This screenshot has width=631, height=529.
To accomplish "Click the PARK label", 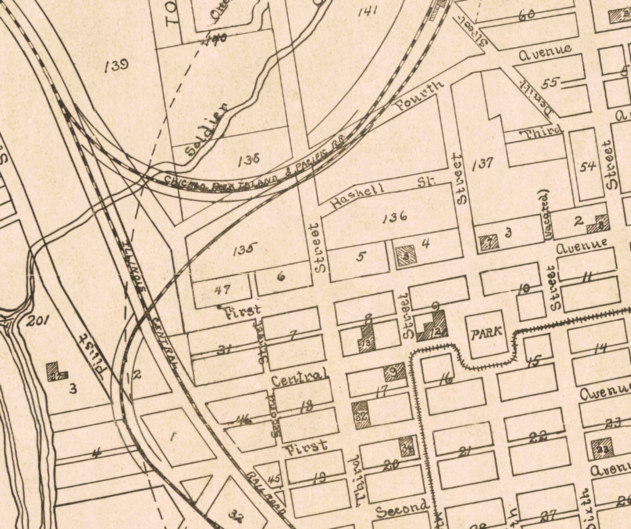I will point(487,333).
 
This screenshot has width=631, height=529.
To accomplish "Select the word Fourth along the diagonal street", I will point(419,96).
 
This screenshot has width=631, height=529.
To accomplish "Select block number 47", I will point(222,290).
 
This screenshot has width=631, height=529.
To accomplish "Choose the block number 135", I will point(245,250).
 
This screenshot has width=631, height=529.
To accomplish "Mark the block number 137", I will point(483,163).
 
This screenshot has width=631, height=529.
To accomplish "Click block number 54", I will point(588,167).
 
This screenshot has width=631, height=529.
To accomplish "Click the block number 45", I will point(274,479).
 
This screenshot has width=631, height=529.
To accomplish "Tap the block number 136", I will point(395,217).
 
